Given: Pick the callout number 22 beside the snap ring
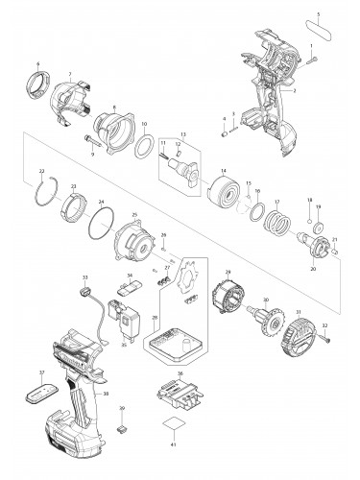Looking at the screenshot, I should click(x=42, y=171).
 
